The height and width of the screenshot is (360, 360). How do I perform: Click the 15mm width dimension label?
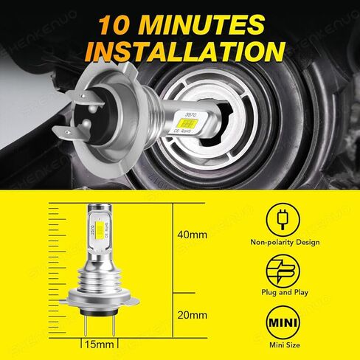[97, 345]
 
